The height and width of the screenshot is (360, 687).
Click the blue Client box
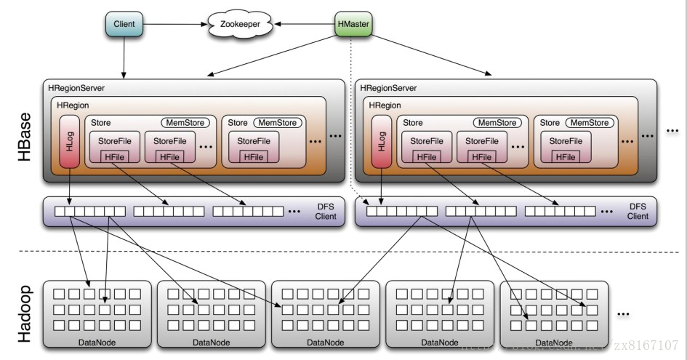click(x=124, y=25)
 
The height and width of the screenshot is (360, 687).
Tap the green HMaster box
click(x=354, y=25)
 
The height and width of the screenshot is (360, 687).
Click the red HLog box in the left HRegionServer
click(x=70, y=140)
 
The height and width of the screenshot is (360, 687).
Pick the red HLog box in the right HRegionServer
click(x=382, y=140)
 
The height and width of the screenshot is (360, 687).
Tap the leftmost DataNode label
click(x=98, y=342)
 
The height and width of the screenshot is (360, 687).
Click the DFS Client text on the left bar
click(x=324, y=212)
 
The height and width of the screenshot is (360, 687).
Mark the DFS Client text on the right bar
click(x=638, y=212)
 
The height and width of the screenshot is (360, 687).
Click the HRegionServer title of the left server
click(x=76, y=88)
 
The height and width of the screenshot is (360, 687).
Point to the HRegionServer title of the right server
click(x=389, y=88)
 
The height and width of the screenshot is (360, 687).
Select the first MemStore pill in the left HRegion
click(x=185, y=123)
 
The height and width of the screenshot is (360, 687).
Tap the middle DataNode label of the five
click(x=326, y=342)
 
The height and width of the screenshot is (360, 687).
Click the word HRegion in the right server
click(x=385, y=105)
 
